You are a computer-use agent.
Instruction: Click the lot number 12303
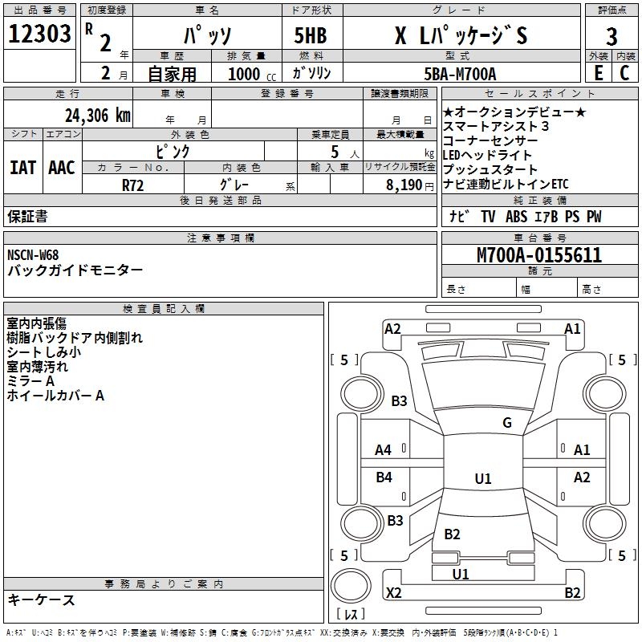pyautogui.click(x=39, y=34)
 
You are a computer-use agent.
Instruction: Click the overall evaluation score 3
pyautogui.click(x=612, y=37)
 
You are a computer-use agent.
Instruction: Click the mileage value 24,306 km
pyautogui.click(x=97, y=115)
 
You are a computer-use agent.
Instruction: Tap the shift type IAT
pyautogui.click(x=22, y=168)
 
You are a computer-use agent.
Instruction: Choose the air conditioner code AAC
pyautogui.click(x=62, y=168)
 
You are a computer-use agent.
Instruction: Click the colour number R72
pyautogui.click(x=133, y=184)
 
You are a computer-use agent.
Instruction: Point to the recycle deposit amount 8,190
pyautogui.click(x=404, y=185)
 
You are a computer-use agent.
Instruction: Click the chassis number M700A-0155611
pyautogui.click(x=538, y=255)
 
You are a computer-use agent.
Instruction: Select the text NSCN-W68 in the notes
pyautogui.click(x=33, y=255)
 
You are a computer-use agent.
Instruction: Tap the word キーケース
pyautogui.click(x=41, y=600)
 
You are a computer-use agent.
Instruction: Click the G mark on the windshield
pyautogui.click(x=506, y=423)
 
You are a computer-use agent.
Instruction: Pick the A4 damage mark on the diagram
pyautogui.click(x=384, y=449)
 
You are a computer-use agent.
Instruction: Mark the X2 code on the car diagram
pyautogui.click(x=393, y=593)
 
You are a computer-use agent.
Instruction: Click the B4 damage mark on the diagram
pyautogui.click(x=384, y=477)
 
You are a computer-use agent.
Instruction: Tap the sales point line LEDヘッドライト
pyautogui.click(x=487, y=155)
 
